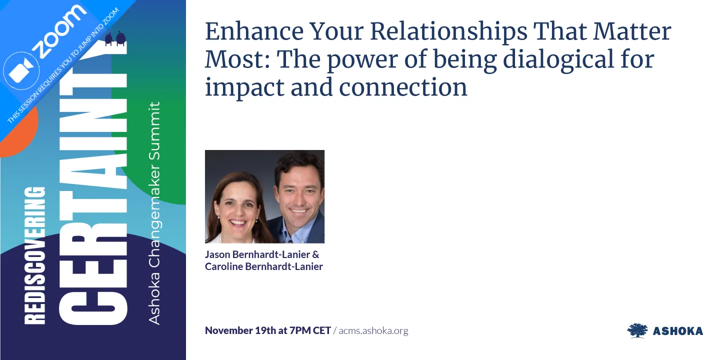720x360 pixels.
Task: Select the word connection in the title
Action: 403,87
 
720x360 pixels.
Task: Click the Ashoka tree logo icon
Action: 637,330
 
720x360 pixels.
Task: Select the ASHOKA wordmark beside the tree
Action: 677,331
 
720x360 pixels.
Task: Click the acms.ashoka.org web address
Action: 373,330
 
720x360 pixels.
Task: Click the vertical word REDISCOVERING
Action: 35,255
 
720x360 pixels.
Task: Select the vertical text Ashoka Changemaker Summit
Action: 155,212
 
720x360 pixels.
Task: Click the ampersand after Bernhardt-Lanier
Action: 315,254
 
